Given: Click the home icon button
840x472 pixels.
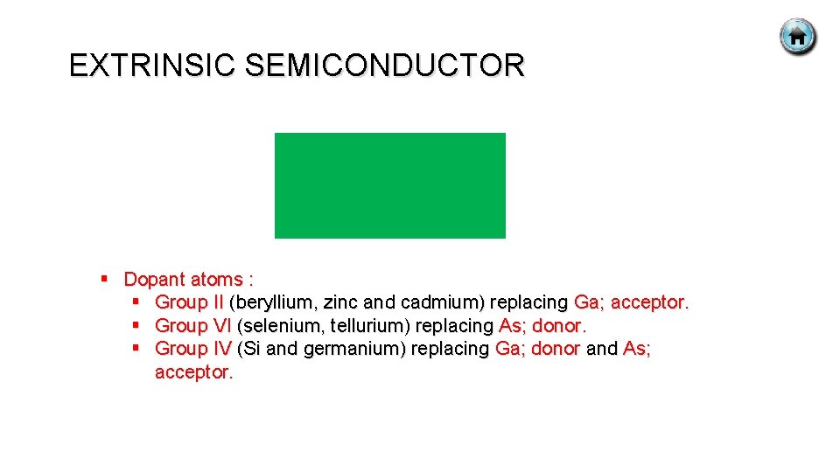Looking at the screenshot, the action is pyautogui.click(x=797, y=38).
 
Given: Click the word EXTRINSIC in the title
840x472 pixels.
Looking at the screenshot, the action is pyautogui.click(x=153, y=66).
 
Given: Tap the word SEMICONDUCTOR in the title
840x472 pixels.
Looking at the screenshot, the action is pyautogui.click(x=385, y=66).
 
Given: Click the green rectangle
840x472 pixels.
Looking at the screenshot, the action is pyautogui.click(x=390, y=185).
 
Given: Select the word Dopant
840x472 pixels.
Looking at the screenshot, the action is pyautogui.click(x=154, y=280).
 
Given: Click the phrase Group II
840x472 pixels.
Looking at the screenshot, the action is pyautogui.click(x=189, y=302).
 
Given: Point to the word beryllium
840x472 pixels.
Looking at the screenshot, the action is pyautogui.click(x=273, y=302).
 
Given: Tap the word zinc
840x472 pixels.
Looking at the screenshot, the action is pyautogui.click(x=341, y=302).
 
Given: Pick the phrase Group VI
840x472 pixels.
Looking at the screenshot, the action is pyautogui.click(x=192, y=326).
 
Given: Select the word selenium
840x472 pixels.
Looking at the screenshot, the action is pyautogui.click(x=277, y=326).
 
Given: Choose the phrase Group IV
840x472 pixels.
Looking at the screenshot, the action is pyautogui.click(x=192, y=349).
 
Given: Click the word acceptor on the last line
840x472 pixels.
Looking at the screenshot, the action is pyautogui.click(x=192, y=372).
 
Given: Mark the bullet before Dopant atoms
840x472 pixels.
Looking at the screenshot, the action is pyautogui.click(x=104, y=279).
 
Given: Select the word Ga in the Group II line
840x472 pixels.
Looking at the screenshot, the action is pyautogui.click(x=585, y=302).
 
